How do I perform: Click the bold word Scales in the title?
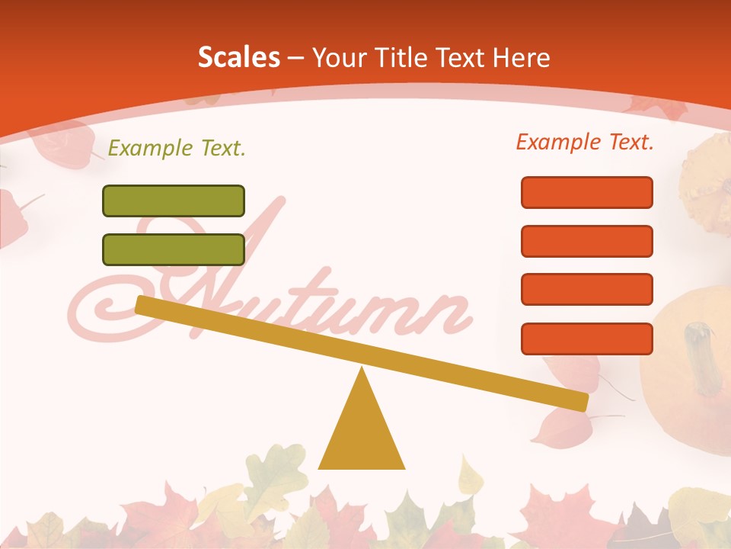coord(238,58)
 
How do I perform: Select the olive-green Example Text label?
coord(177,148)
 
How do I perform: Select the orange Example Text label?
coord(585,142)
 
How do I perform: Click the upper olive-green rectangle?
coord(174,201)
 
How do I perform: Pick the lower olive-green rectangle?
coord(174,249)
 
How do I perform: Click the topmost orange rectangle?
coord(587,192)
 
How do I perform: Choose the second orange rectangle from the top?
coord(587,241)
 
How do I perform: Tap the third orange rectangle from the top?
coord(587,289)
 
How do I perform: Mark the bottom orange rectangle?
coord(587,339)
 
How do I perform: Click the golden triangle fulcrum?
coord(361,431)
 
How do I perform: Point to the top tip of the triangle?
coord(362,370)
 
